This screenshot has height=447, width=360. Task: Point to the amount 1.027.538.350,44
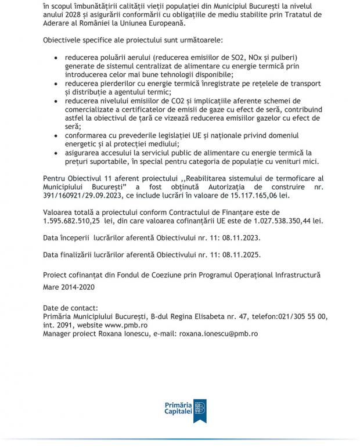279,221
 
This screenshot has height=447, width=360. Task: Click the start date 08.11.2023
239,238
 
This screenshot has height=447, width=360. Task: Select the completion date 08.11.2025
239,255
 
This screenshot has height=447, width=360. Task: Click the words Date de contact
70,308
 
